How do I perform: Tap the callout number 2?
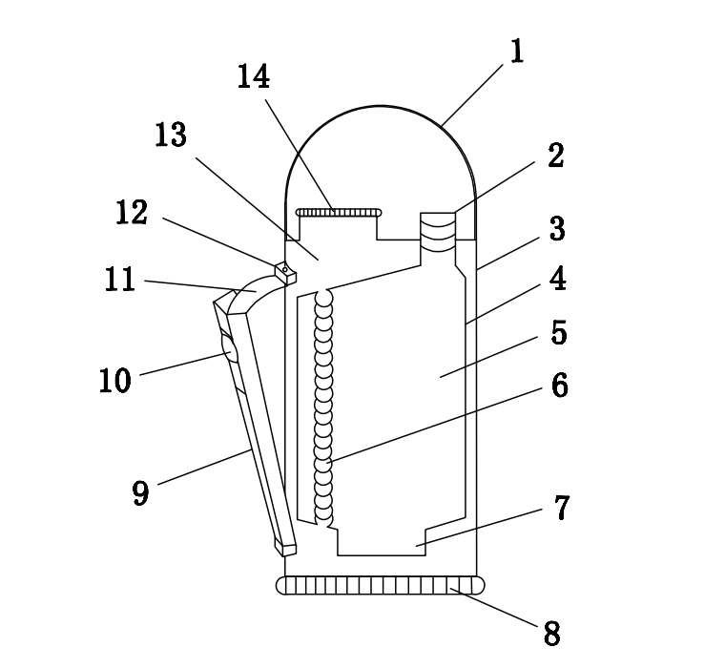[x=555, y=157]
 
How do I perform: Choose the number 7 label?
[x=561, y=508]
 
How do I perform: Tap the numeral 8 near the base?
[x=550, y=632]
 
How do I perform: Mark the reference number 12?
[x=132, y=213]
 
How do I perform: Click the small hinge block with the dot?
[x=285, y=273]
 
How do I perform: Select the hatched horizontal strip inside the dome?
[x=339, y=212]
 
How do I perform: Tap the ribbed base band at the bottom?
[x=379, y=585]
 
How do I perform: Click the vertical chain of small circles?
[x=325, y=406]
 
